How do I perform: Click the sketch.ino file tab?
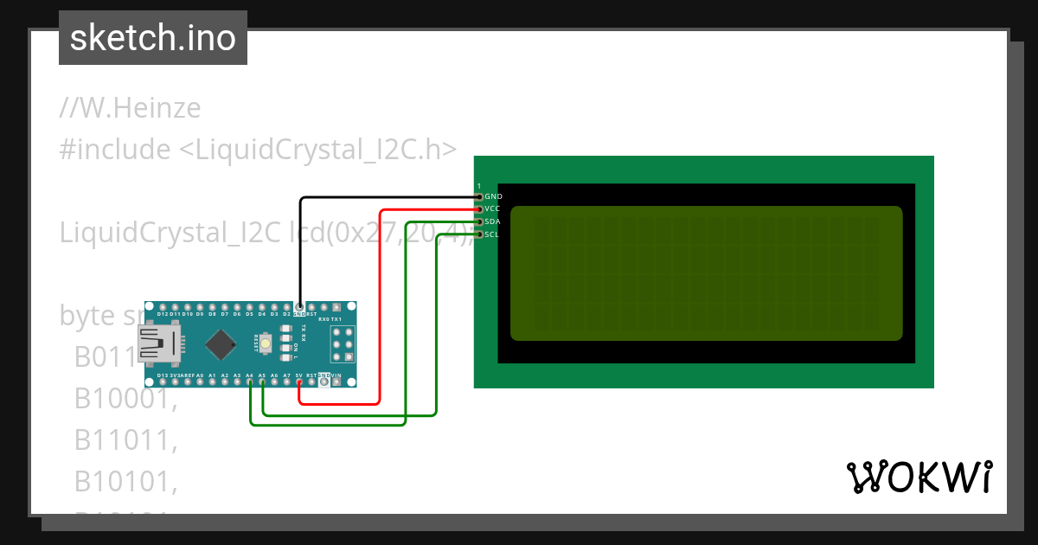click(153, 38)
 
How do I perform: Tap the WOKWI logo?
click(919, 477)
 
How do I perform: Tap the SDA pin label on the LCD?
click(492, 221)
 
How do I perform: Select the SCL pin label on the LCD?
click(491, 234)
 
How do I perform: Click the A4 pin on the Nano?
click(250, 381)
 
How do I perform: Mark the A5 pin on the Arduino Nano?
click(262, 381)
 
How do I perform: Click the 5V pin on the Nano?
click(299, 381)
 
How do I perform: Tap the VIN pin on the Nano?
click(336, 381)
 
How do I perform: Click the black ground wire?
click(300, 242)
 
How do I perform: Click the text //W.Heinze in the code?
click(130, 108)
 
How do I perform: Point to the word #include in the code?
click(115, 150)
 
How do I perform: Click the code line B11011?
click(126, 440)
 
